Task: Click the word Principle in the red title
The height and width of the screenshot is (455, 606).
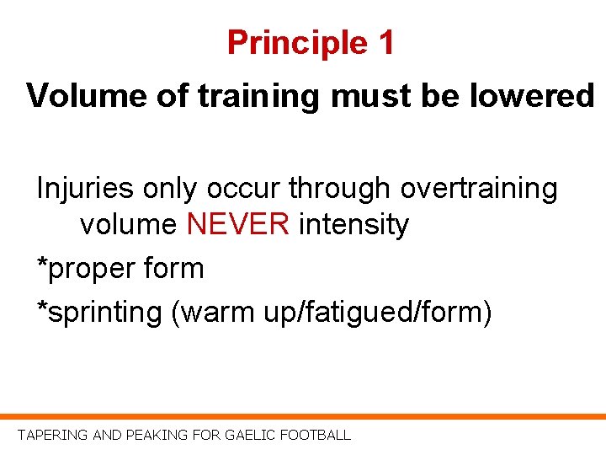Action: tap(287, 43)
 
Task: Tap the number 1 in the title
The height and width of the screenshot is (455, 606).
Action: tap(384, 43)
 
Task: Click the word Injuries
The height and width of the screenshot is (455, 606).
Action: tap(84, 189)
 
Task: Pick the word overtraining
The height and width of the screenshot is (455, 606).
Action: tap(479, 189)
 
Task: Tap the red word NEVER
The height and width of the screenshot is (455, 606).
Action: tap(239, 225)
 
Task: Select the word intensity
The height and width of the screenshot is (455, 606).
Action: tap(353, 225)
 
